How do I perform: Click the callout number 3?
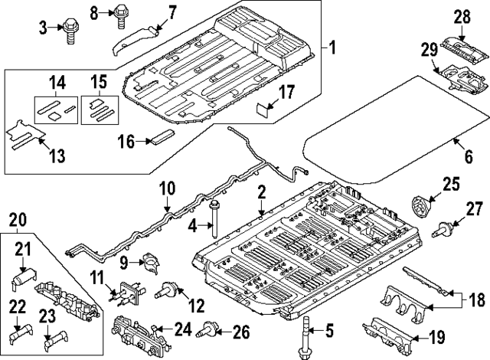coord(44,28)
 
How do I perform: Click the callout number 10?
coord(167,188)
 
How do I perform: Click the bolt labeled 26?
coord(208,332)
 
